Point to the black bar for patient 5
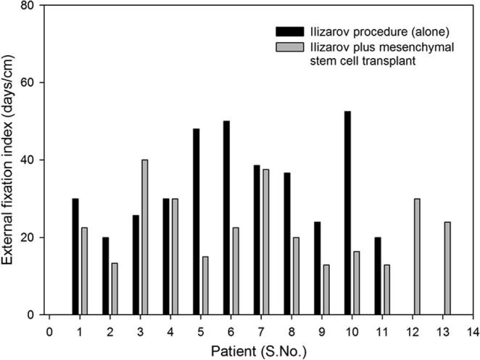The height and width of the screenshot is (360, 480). click(x=196, y=221)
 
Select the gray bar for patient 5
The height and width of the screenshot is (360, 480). click(x=204, y=285)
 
